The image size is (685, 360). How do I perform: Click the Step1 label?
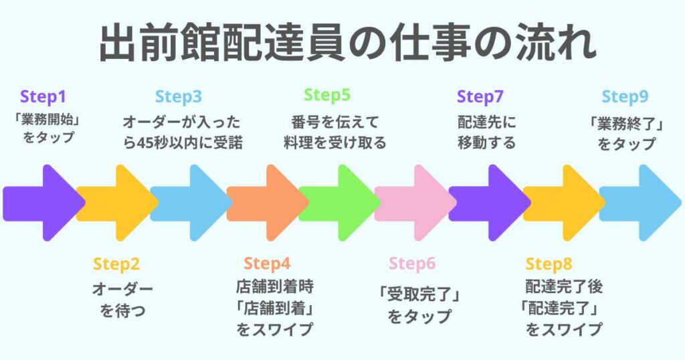tap(43, 97)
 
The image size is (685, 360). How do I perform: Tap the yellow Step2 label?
tap(116, 264)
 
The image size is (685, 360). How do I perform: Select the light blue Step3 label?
tap(179, 97)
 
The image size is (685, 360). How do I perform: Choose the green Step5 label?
tap(327, 95)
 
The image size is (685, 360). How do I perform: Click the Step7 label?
tap(480, 97)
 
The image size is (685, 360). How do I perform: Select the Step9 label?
tap(625, 97)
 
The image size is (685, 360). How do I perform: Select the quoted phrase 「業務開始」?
tap(47, 120)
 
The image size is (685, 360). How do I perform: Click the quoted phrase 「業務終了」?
tap(626, 124)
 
